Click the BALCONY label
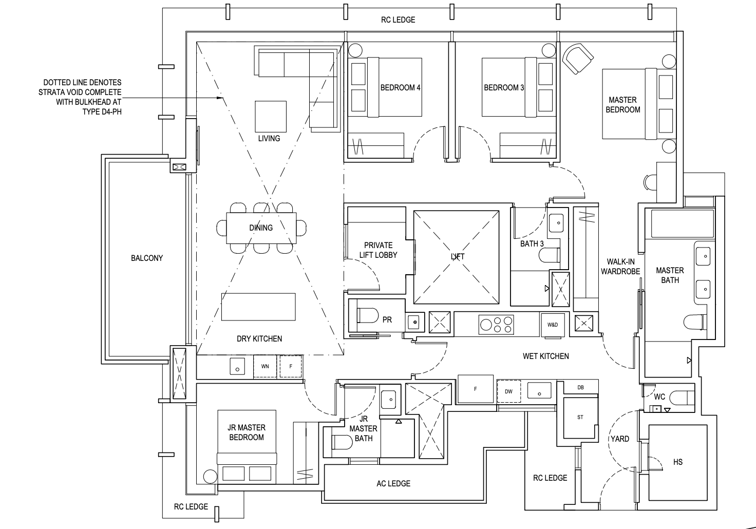[146, 258]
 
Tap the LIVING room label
[269, 138]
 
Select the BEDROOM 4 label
[400, 88]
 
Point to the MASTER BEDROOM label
[622, 105]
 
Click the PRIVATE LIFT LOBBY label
[378, 250]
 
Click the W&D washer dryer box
[552, 325]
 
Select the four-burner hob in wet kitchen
[496, 324]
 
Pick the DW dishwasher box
[508, 391]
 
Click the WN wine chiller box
[265, 366]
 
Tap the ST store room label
[580, 417]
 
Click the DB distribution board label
[580, 387]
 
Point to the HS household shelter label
[677, 462]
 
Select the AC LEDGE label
[393, 483]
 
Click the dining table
[261, 228]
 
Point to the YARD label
[619, 439]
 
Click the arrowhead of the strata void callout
[222, 98]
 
